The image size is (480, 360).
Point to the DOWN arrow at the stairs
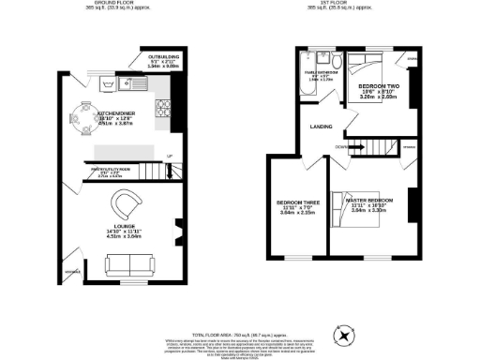point(344,146)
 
